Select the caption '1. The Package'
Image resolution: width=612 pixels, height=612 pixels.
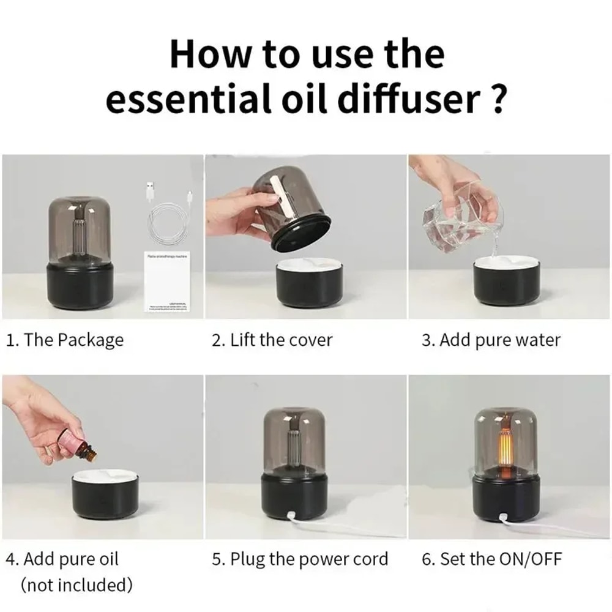point(65,340)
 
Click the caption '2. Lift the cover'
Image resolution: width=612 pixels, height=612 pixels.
point(272,340)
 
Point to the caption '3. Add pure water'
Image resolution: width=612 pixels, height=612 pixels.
point(491,340)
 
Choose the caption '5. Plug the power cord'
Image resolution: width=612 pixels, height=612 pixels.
point(300,559)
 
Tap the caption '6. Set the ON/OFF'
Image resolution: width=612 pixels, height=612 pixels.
point(491,559)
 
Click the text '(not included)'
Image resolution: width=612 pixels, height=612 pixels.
point(76,585)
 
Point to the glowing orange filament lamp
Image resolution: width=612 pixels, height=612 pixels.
point(506,444)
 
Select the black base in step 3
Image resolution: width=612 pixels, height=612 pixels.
point(506,285)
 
